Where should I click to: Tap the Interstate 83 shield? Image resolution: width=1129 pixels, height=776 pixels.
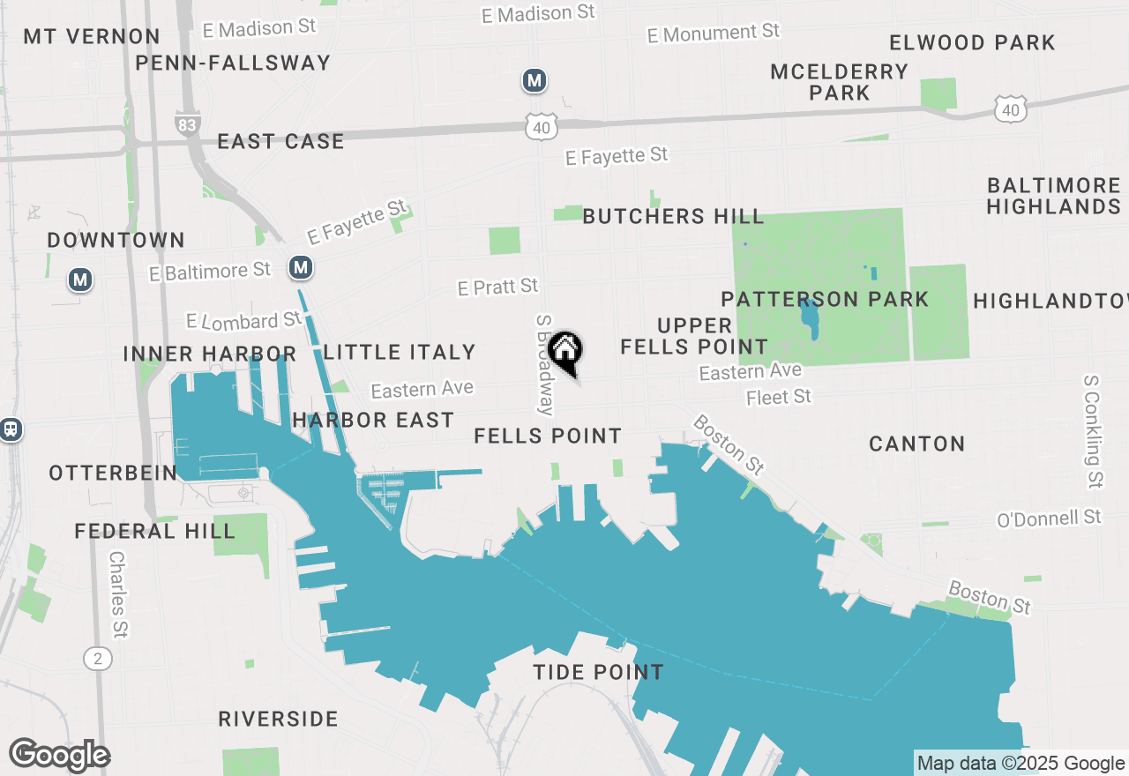pyautogui.click(x=187, y=123)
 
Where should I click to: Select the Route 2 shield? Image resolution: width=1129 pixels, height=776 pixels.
pyautogui.click(x=98, y=658)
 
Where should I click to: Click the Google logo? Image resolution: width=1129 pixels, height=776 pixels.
pyautogui.click(x=59, y=756)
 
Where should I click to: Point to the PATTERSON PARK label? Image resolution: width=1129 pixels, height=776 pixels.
pyautogui.click(x=825, y=299)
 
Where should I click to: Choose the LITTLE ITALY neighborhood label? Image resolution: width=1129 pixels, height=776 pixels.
pyautogui.click(x=400, y=352)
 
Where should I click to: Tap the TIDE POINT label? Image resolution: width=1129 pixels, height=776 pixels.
pyautogui.click(x=598, y=672)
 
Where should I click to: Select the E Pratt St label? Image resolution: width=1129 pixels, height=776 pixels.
pyautogui.click(x=497, y=287)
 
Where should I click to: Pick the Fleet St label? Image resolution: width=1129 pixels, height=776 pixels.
pyautogui.click(x=778, y=398)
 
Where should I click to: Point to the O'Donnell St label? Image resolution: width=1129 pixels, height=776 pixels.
pyautogui.click(x=1050, y=518)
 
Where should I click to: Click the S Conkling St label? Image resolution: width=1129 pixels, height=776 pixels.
pyautogui.click(x=1093, y=431)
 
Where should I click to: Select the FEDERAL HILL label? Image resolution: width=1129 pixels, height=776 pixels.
pyautogui.click(x=155, y=531)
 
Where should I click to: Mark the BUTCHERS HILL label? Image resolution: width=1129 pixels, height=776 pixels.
pyautogui.click(x=673, y=216)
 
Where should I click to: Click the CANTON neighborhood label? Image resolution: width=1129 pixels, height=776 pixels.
pyautogui.click(x=916, y=444)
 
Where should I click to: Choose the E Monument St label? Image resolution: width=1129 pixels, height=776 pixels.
pyautogui.click(x=714, y=34)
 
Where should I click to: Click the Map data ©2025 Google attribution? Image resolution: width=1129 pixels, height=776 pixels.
pyautogui.click(x=1021, y=764)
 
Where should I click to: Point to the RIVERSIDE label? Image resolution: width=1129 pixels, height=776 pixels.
pyautogui.click(x=278, y=719)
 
